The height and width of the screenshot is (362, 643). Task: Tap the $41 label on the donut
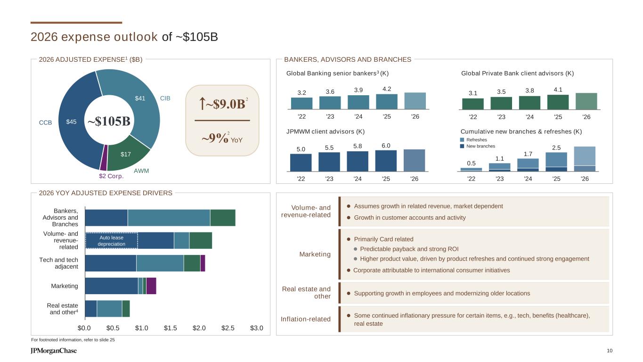point(140,99)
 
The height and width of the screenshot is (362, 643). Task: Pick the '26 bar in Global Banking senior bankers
point(415,100)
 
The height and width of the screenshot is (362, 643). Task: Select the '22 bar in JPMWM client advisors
point(301,162)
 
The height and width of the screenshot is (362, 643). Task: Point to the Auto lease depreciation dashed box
point(112,240)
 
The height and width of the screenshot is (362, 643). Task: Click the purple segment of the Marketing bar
point(151,286)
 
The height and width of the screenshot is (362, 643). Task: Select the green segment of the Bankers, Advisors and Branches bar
point(222,217)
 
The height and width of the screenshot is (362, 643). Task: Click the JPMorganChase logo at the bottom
point(54,351)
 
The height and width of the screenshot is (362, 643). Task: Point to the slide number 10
point(610,350)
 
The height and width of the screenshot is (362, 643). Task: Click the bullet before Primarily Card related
point(349,239)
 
